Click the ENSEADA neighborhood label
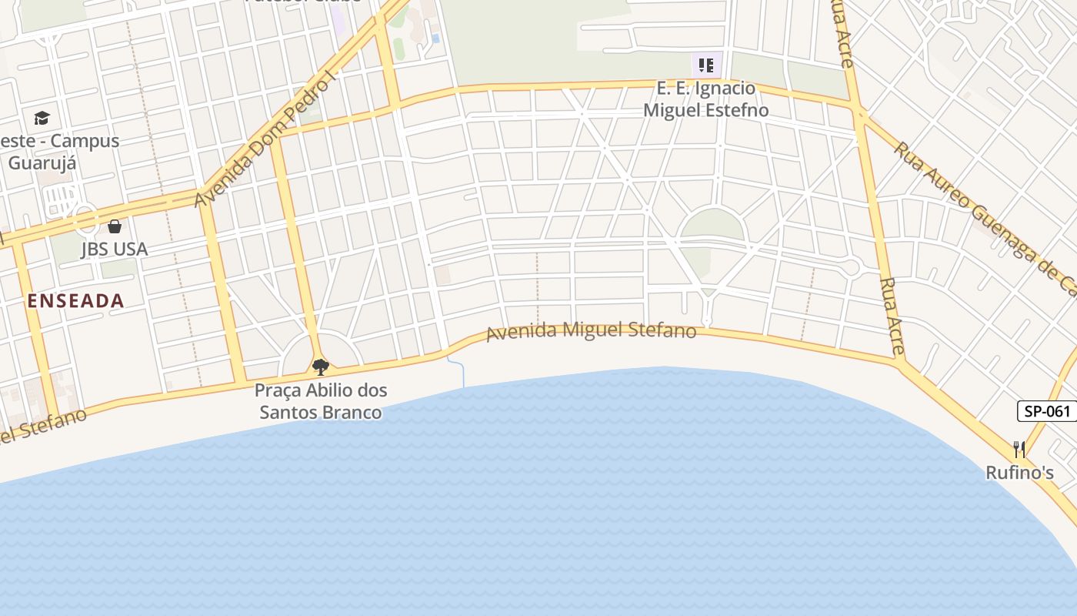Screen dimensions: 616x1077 pos(75,301)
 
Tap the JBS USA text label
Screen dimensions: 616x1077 pos(114,249)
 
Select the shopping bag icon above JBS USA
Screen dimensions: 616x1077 pos(115,226)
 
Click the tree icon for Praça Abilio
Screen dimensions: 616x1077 pos(320,367)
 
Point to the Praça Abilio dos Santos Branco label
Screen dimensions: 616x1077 pos(321,401)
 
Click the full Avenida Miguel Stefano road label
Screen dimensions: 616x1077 pos(591,331)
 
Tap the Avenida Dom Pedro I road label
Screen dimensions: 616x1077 pos(266,143)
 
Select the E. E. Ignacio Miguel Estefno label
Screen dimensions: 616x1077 pos(705,99)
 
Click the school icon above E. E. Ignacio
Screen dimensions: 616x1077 pos(706,65)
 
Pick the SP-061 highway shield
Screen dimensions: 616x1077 pos(1047,411)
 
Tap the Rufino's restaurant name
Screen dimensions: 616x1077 pos(1019,473)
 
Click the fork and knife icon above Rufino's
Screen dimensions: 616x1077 pos(1019,448)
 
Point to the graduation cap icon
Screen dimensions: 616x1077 pos(42,118)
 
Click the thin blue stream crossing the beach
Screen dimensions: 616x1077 pos(462,373)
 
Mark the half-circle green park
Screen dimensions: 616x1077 pos(712,226)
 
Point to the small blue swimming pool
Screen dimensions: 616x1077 pos(435,38)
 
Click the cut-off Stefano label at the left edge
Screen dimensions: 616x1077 pos(42,427)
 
